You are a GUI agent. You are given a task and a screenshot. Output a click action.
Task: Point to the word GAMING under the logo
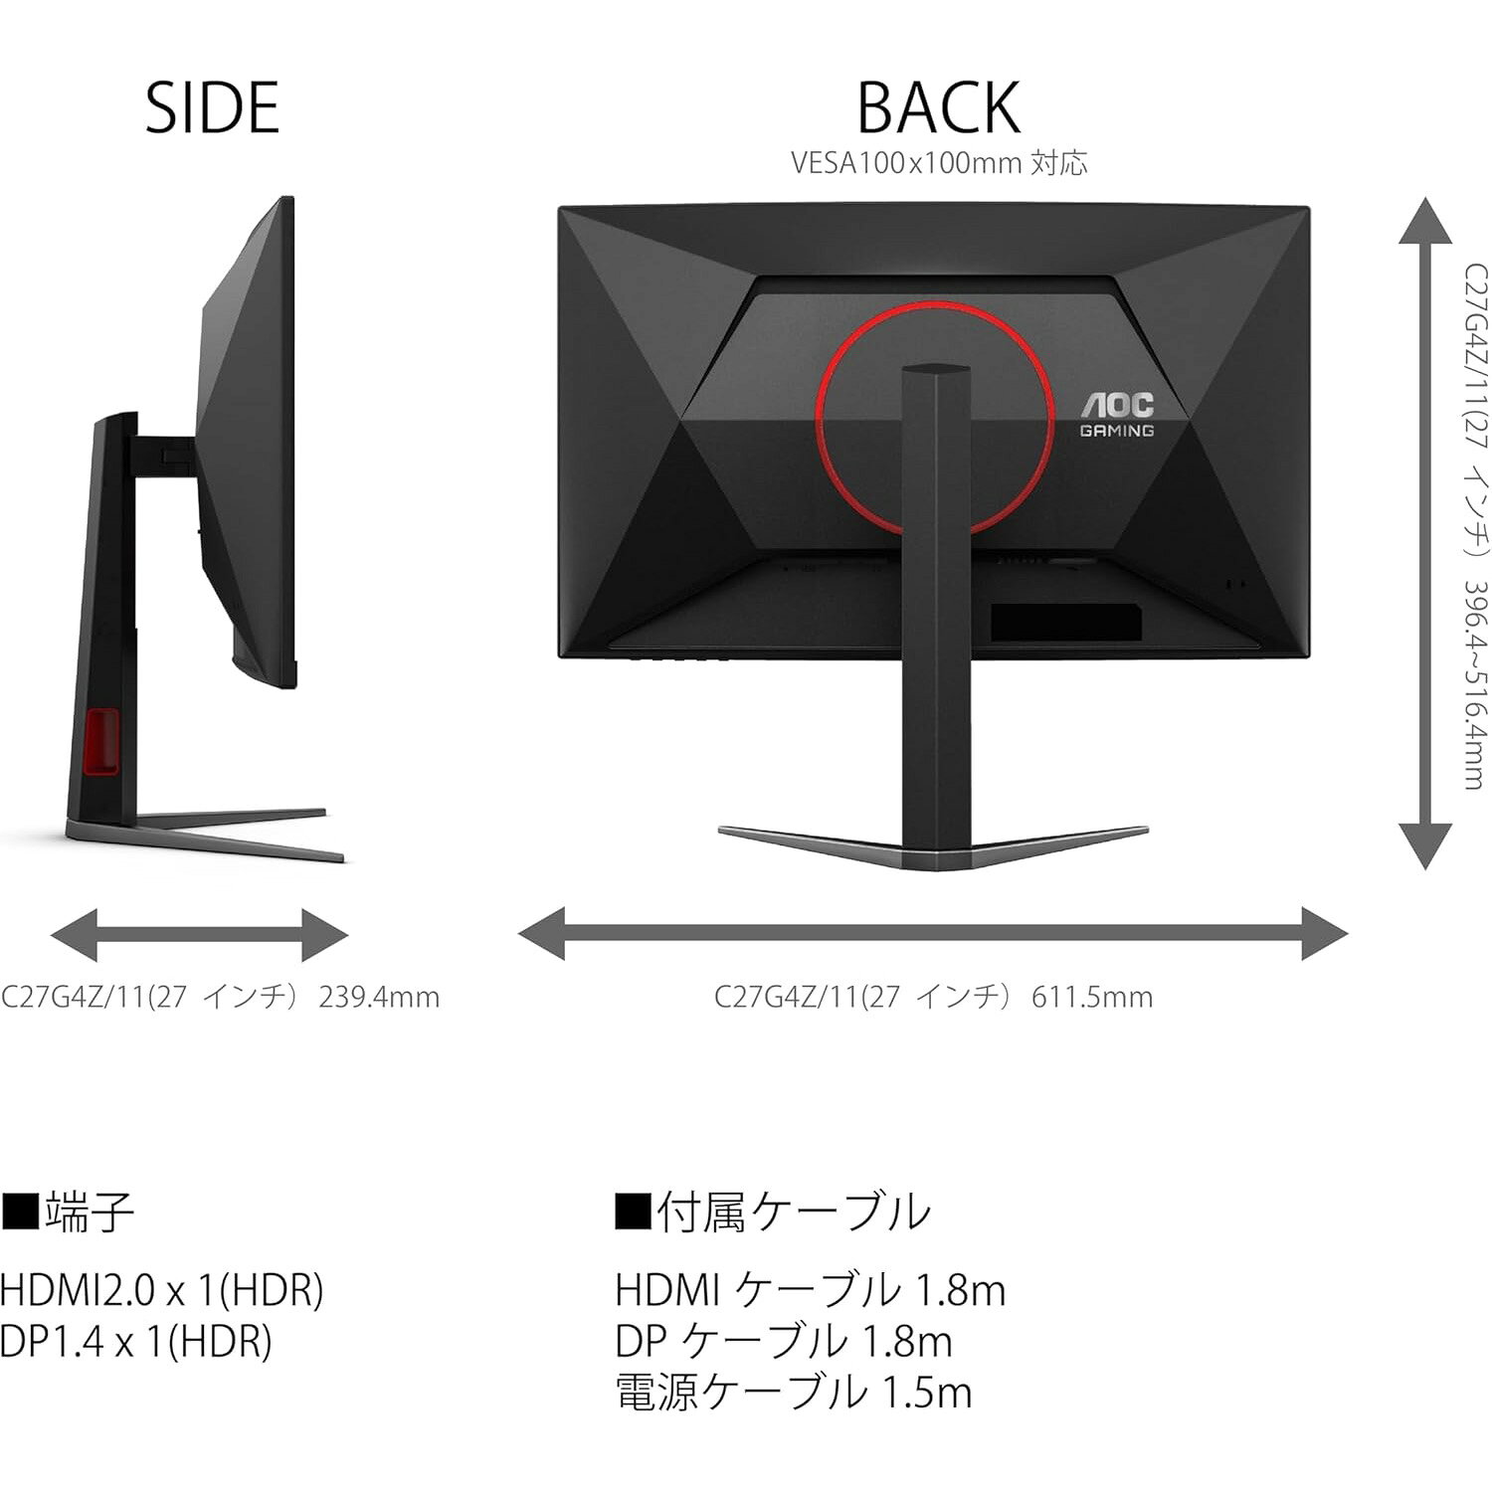1117,431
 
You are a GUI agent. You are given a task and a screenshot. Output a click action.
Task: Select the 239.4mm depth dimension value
379,997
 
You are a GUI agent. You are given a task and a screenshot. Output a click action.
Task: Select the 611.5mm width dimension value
1092,997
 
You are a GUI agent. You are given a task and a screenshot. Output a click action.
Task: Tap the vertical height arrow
1424,533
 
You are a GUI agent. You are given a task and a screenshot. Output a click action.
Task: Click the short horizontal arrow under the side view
199,935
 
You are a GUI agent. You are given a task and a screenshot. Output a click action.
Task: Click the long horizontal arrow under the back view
933,934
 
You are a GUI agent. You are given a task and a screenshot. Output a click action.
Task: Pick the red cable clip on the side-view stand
101,740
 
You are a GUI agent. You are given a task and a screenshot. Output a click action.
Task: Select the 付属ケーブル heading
773,1212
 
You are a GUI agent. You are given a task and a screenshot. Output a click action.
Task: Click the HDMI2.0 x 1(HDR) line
162,1290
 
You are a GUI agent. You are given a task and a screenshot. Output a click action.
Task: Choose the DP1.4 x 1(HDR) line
136,1342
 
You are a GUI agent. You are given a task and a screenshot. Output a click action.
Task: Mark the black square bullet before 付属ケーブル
633,1212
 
